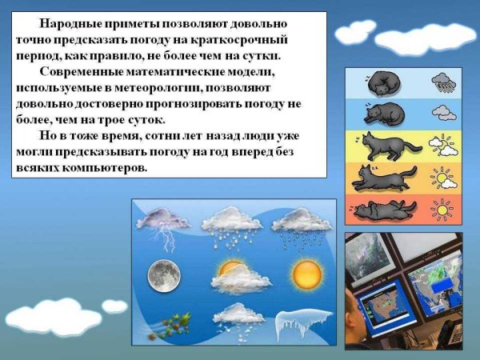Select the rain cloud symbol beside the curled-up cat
pos(442,81)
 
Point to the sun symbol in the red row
pos(442,210)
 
